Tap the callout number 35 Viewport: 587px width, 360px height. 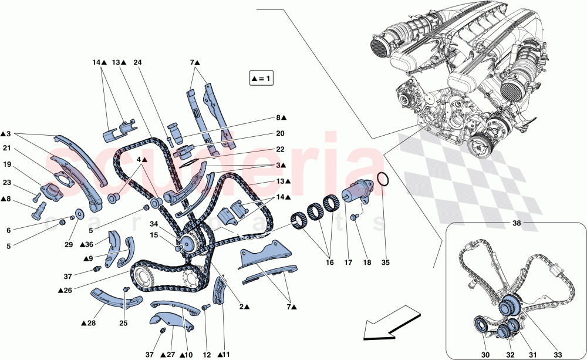[385, 263]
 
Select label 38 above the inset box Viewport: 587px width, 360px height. [516, 224]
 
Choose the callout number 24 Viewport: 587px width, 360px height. [137, 62]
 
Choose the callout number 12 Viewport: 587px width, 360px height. [206, 354]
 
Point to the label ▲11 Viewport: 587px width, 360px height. [224, 354]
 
